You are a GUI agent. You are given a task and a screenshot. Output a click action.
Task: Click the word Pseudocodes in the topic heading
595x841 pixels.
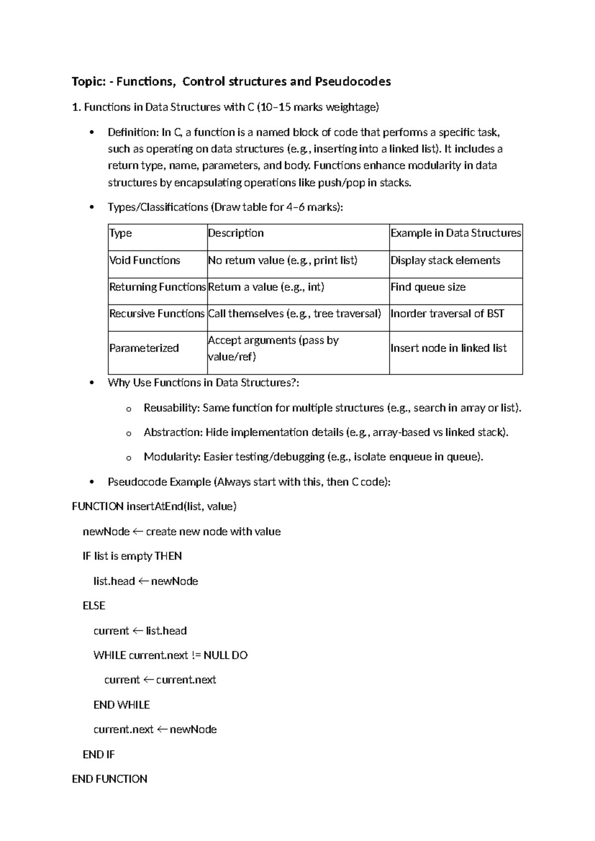(353, 81)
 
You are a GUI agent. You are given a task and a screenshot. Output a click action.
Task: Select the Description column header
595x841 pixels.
(236, 233)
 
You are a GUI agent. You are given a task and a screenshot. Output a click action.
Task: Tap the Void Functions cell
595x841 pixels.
(145, 260)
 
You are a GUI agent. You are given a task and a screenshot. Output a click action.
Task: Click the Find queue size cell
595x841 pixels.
(428, 287)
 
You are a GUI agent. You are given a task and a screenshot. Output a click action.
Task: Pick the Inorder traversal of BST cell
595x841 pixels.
(447, 314)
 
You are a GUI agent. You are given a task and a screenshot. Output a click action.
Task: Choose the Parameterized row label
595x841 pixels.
(144, 348)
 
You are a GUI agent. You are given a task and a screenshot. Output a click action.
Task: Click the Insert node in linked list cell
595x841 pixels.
(448, 348)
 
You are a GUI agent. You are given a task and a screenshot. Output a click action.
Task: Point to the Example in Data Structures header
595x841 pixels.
(456, 233)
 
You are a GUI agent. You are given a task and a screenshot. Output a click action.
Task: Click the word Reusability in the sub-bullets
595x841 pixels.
(171, 408)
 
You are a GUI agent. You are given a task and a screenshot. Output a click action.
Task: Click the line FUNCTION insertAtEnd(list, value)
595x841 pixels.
(154, 506)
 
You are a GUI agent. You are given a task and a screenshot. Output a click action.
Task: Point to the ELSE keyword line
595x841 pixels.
(94, 605)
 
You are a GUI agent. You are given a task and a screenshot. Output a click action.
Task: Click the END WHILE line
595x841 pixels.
(121, 705)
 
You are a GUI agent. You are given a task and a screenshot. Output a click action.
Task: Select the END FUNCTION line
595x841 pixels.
(110, 779)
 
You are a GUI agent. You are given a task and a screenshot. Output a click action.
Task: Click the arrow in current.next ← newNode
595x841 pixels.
(162, 729)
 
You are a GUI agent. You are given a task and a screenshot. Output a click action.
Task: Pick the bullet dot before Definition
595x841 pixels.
(91, 132)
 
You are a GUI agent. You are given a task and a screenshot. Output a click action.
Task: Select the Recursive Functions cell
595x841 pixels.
(157, 314)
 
